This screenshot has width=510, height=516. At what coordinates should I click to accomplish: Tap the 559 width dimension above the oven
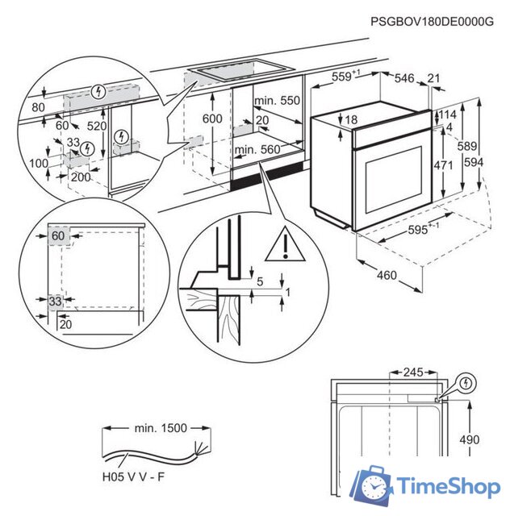(345, 77)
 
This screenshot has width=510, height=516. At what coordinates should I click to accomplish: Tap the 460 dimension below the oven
(387, 276)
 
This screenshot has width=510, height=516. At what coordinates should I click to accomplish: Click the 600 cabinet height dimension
(212, 118)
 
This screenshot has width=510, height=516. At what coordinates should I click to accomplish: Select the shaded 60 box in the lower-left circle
(58, 235)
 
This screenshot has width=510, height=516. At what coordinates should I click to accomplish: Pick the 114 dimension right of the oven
(449, 114)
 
